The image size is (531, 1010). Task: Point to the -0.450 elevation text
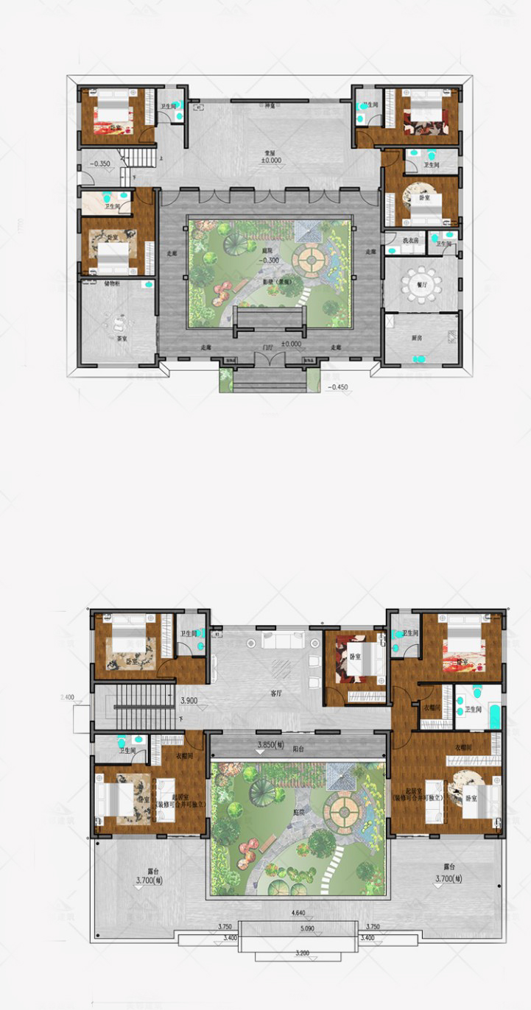(x=340, y=387)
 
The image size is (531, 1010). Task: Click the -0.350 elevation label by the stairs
(x=99, y=163)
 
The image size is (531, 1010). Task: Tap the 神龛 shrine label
(x=270, y=107)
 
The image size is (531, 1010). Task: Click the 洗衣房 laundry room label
(x=410, y=241)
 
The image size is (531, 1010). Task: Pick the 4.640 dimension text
(x=298, y=913)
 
